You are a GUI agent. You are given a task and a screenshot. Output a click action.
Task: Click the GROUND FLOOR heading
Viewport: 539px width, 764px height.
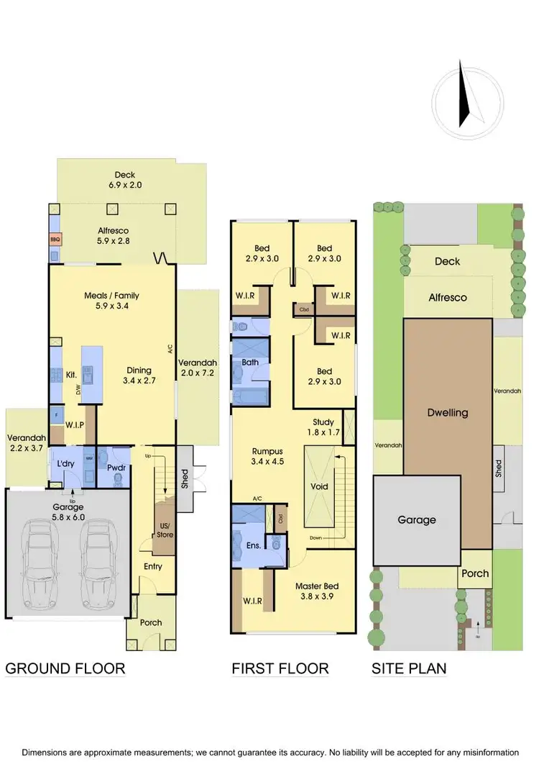(65, 668)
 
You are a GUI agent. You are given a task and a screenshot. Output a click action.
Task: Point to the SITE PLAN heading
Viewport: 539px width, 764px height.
(409, 668)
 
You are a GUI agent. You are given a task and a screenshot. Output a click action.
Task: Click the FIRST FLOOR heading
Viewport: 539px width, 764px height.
(280, 668)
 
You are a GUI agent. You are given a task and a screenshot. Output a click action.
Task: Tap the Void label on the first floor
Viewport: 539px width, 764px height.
(319, 486)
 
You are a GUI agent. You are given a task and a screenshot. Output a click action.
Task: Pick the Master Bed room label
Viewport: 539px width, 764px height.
(315, 586)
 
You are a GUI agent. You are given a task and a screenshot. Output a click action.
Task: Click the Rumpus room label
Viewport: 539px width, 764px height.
(265, 451)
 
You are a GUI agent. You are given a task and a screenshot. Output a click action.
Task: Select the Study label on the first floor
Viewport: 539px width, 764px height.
(324, 422)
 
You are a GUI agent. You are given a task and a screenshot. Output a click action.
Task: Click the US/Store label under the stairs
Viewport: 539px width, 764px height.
(165, 529)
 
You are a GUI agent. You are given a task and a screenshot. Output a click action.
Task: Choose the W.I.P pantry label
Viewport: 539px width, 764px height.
(75, 424)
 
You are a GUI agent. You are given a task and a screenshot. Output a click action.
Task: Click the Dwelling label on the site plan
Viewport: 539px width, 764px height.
(447, 412)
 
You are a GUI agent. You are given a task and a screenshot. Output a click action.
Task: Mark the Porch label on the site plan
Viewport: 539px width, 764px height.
(474, 573)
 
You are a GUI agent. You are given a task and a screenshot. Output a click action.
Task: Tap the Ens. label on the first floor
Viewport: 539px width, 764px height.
(253, 545)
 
